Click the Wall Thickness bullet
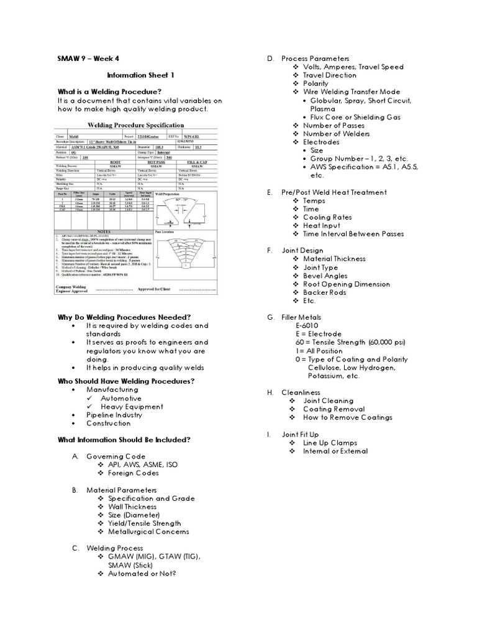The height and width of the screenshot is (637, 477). click(137, 506)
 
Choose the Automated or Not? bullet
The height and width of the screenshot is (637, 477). click(142, 574)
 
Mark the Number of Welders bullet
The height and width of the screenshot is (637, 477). click(336, 134)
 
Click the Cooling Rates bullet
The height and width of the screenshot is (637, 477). click(327, 217)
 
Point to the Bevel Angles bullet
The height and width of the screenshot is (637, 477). click(325, 276)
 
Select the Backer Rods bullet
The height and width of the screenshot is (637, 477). click(325, 292)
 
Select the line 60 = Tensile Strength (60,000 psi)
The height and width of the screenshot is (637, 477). click(350, 342)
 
